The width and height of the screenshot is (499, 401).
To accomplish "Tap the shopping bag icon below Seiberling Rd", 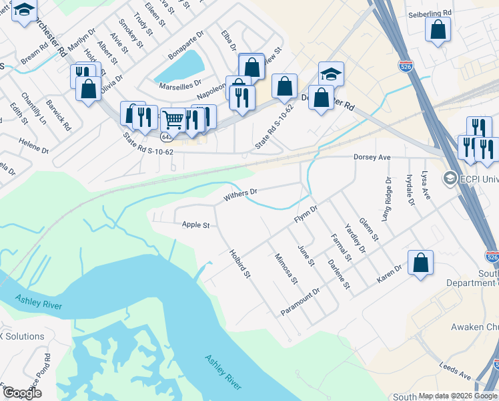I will point(438,30).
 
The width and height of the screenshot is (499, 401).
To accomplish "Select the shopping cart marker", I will point(173,120).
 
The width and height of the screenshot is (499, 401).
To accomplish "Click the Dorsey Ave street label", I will point(371,157).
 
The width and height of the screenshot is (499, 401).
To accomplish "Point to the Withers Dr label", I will point(240,195).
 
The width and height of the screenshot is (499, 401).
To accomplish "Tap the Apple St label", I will point(195,225).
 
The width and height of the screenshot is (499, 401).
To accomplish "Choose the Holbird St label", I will point(239,264).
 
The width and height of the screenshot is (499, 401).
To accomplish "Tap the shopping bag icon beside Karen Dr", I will point(421,263).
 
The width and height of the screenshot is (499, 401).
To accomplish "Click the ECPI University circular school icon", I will point(450,178).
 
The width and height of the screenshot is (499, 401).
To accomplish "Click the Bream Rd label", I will point(35,50).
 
